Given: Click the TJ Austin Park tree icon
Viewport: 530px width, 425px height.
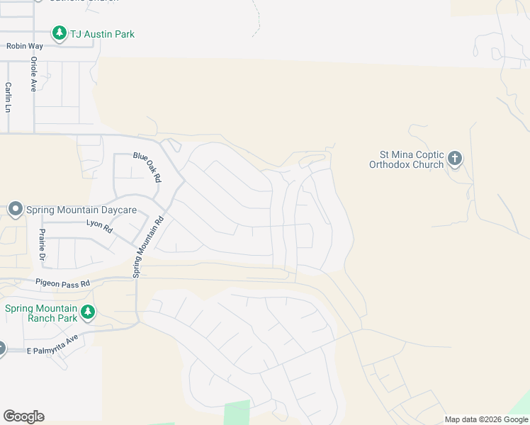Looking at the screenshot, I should [x=58, y=33].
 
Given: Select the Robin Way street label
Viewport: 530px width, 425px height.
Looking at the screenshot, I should [x=25, y=46].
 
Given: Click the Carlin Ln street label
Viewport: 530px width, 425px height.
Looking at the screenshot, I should [x=8, y=97].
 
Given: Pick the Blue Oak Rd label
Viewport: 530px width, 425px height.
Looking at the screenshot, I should [x=147, y=166].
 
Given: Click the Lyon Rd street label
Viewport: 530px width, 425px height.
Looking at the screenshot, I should [x=99, y=227].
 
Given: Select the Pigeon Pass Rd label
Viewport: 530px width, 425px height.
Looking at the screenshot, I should [x=64, y=283].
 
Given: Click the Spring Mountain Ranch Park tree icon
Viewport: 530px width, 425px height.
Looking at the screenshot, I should [x=87, y=312].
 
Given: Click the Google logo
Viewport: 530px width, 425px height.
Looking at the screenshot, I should [x=23, y=416].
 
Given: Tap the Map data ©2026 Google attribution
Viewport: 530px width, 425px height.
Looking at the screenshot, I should [x=486, y=419].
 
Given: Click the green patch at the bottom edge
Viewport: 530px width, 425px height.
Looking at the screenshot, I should [x=237, y=413].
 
